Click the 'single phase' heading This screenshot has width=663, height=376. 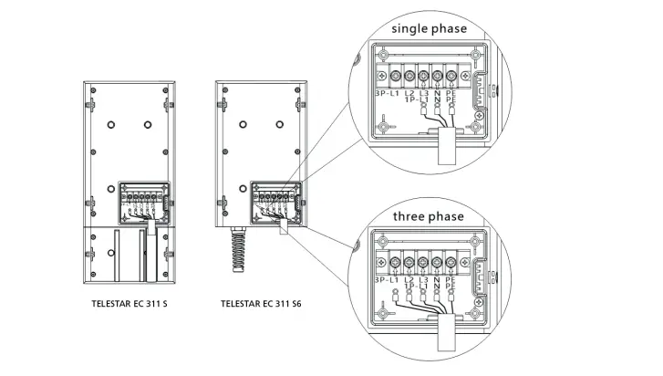(x=429, y=28)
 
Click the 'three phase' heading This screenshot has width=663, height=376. (x=429, y=216)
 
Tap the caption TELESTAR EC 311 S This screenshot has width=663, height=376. (x=129, y=303)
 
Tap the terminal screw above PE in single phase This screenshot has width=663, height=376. (x=452, y=76)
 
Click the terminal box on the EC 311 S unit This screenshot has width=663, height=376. (x=142, y=201)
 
